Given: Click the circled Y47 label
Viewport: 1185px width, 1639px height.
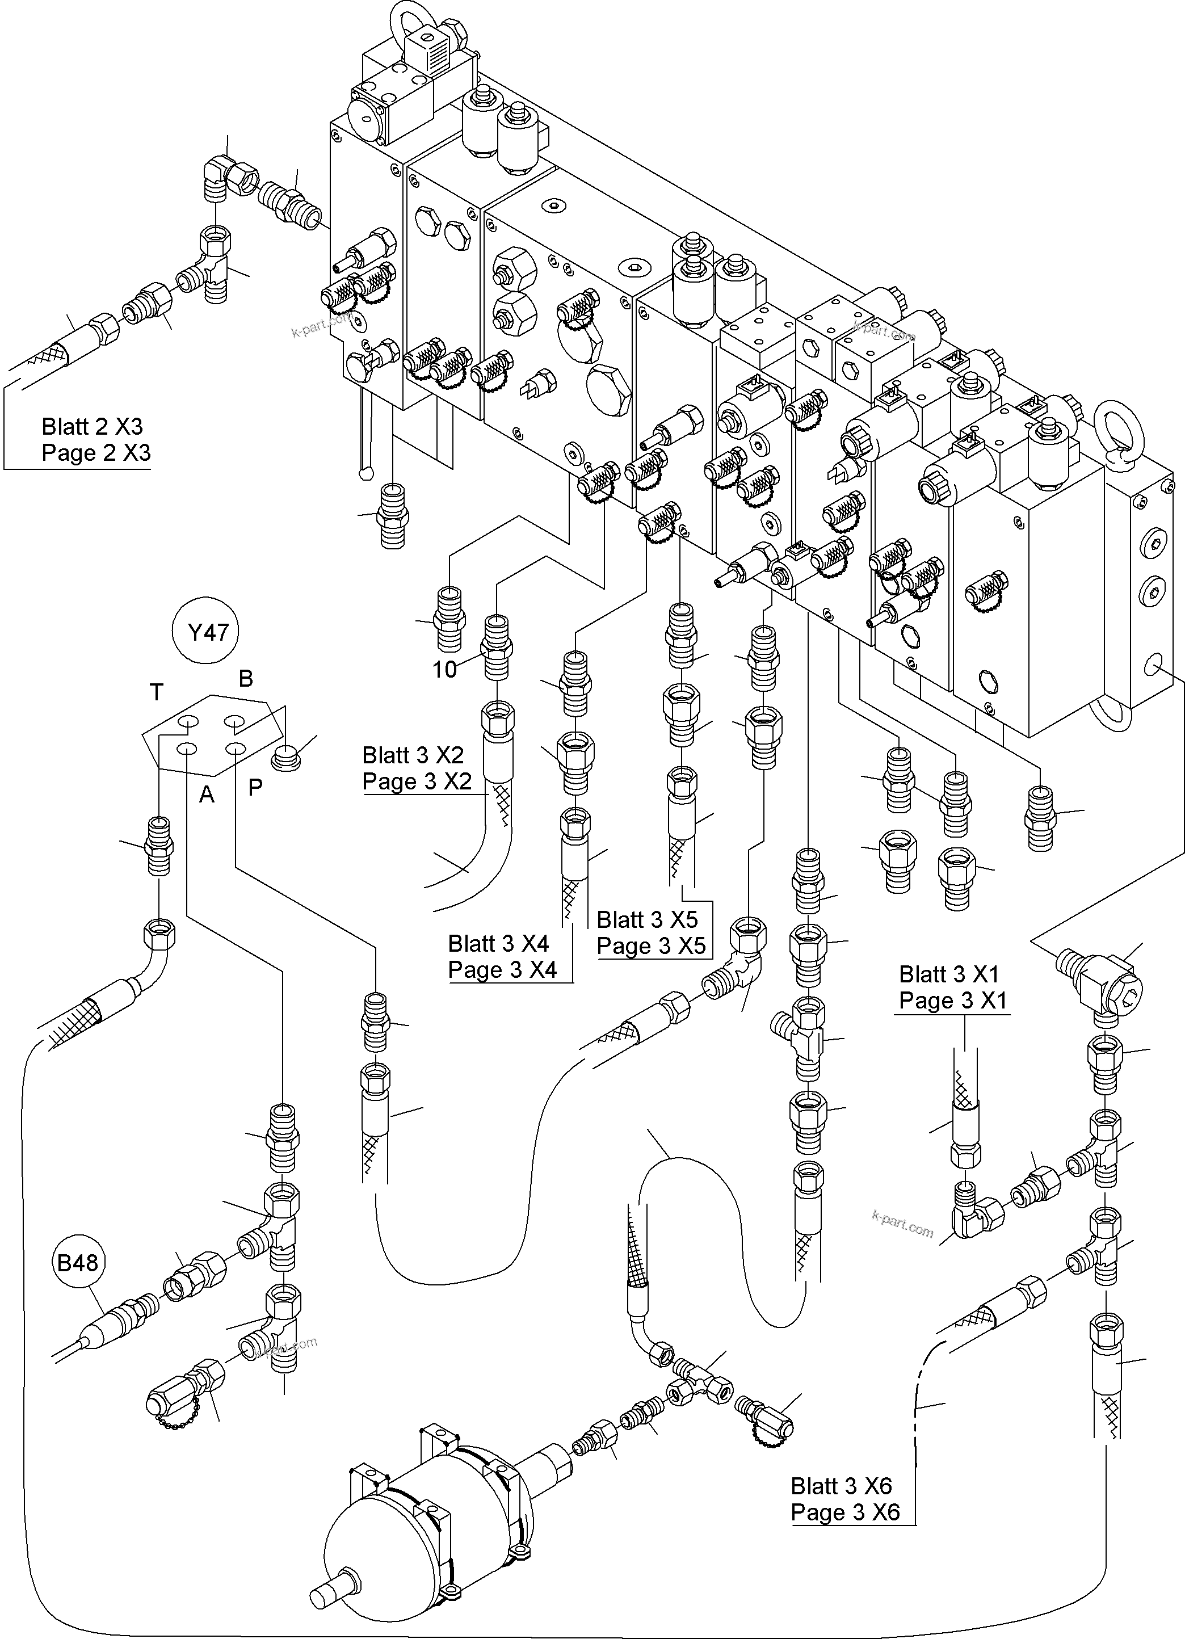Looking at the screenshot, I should (208, 632).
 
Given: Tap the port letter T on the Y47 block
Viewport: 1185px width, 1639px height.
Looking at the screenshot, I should (156, 692).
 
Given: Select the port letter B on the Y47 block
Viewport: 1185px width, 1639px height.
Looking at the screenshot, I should (246, 679).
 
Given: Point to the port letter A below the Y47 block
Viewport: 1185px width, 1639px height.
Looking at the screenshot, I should (207, 794).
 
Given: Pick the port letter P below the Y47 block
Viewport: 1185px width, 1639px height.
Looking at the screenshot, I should (255, 787).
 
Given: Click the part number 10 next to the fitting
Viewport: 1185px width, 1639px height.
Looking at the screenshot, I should (444, 670).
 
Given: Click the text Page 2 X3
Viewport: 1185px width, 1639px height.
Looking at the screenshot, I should (96, 453).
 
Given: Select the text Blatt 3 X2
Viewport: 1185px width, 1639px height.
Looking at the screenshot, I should (413, 755).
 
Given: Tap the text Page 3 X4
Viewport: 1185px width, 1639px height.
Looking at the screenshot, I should (502, 970).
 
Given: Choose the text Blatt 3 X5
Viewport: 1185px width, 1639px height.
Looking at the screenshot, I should (646, 919).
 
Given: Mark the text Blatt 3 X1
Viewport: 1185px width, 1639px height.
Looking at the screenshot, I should (949, 974).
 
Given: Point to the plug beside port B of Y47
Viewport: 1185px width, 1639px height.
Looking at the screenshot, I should (287, 759).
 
